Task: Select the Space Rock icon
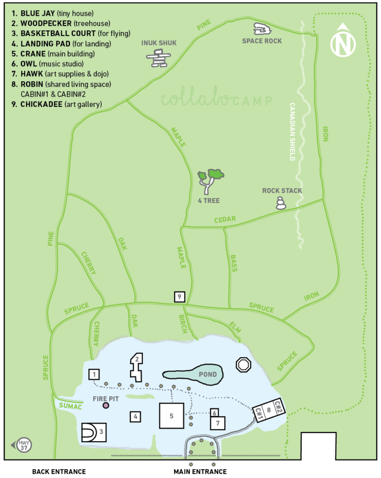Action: pyautogui.click(x=262, y=29)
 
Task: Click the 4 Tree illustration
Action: pyautogui.click(x=210, y=180)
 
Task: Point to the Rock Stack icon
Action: pyautogui.click(x=281, y=203)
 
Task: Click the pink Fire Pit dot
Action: pyautogui.click(x=106, y=405)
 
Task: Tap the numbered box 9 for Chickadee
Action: pyautogui.click(x=180, y=296)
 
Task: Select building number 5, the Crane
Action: pyautogui.click(x=171, y=415)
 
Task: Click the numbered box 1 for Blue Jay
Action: pyautogui.click(x=94, y=374)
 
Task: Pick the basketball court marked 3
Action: pyautogui.click(x=94, y=432)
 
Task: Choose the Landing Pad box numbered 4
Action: pyautogui.click(x=135, y=416)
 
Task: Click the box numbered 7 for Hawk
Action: pyautogui.click(x=218, y=422)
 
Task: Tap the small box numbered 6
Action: pyautogui.click(x=214, y=413)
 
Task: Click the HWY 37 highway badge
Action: pyautogui.click(x=23, y=445)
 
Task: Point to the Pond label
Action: pyautogui.click(x=207, y=374)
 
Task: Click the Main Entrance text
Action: pyautogui.click(x=200, y=471)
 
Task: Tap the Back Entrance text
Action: pyautogui.click(x=59, y=471)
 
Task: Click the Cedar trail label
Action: pyautogui.click(x=225, y=219)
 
